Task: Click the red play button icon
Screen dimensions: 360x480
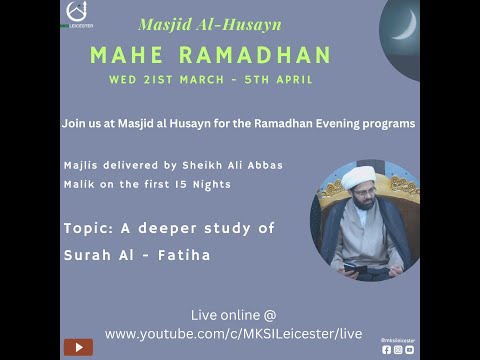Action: (78, 347)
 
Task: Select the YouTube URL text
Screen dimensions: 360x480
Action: (233, 333)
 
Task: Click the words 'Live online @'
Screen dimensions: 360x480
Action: (233, 315)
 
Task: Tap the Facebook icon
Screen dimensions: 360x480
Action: (387, 349)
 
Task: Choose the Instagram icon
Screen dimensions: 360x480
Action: (398, 349)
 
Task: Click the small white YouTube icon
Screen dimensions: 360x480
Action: (409, 349)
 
